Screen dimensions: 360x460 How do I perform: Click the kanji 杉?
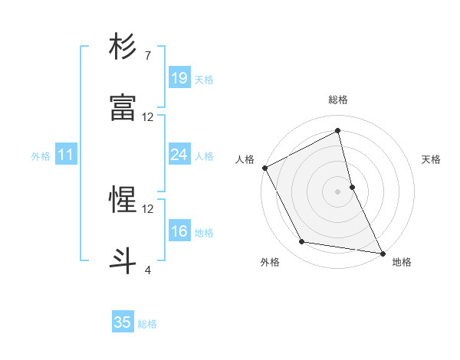[123, 47]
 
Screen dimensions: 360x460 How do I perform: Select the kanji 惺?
[123, 200]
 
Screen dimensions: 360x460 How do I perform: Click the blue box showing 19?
[179, 78]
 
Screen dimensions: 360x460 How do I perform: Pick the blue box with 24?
[179, 155]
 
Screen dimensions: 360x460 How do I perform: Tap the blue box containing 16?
[179, 231]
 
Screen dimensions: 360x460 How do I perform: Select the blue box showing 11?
[65, 155]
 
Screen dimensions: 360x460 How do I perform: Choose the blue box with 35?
[123, 322]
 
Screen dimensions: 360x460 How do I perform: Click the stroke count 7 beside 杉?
[147, 56]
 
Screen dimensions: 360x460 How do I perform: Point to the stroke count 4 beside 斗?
[147, 270]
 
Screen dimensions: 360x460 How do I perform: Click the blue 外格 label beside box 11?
[41, 156]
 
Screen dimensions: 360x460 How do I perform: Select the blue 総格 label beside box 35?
[147, 324]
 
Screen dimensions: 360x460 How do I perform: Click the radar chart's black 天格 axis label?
[431, 159]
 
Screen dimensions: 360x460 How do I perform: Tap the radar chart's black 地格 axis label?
[402, 262]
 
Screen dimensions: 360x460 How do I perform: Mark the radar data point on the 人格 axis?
[264, 168]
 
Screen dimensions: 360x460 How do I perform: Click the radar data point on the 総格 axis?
[337, 131]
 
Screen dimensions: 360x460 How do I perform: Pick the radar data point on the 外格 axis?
[302, 242]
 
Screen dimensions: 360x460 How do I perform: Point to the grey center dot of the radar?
[337, 191]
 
